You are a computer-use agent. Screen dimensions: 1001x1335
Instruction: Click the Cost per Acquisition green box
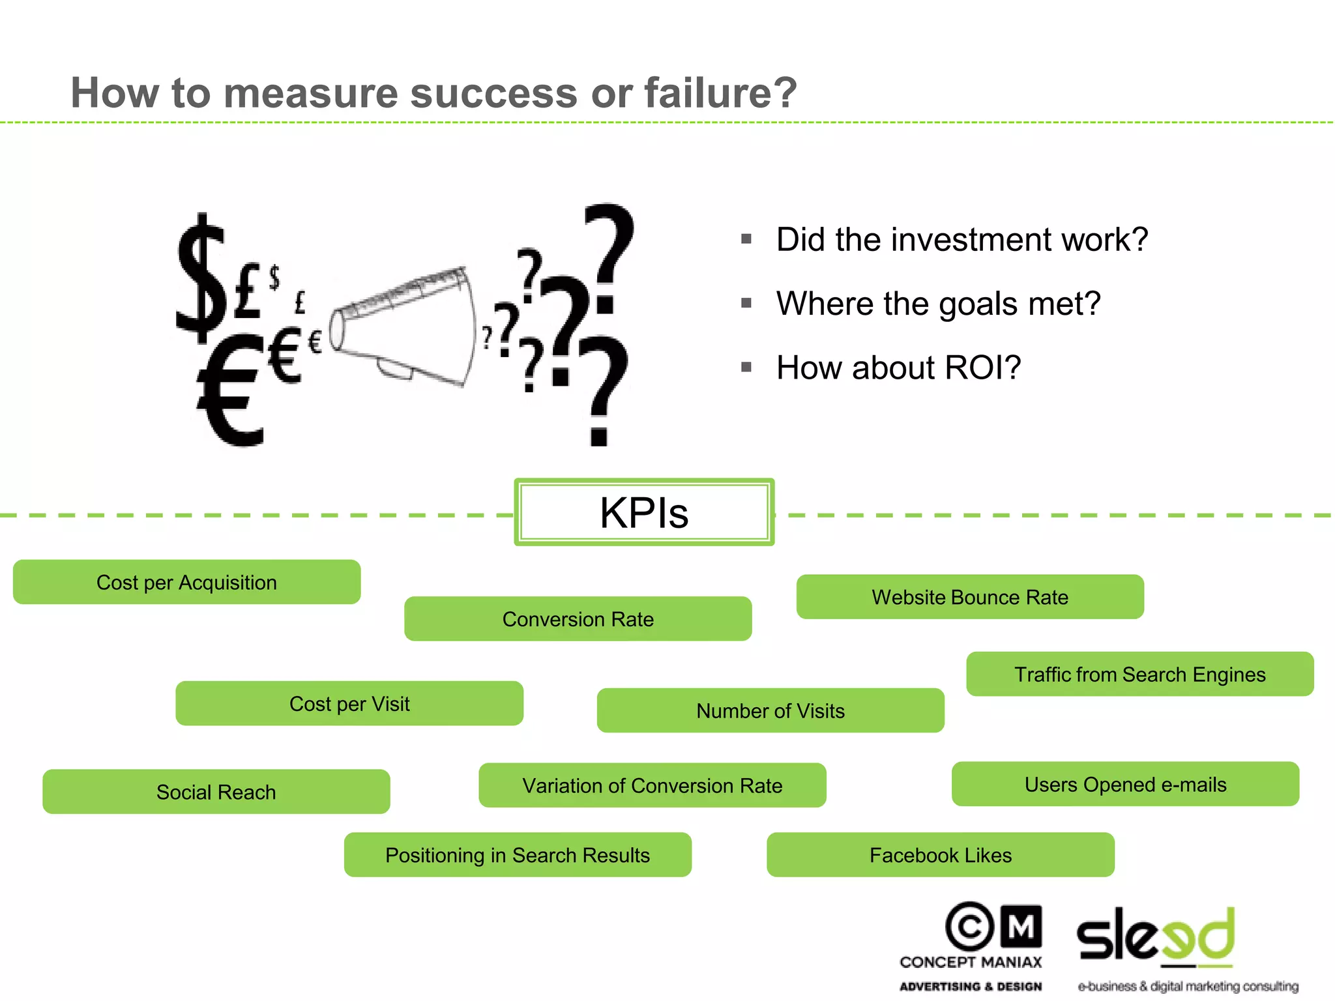click(x=186, y=582)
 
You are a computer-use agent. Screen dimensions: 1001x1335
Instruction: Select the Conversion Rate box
click(x=578, y=618)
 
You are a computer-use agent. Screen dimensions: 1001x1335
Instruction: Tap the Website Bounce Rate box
click(x=970, y=597)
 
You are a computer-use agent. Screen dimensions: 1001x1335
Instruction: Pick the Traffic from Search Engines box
click(x=1139, y=674)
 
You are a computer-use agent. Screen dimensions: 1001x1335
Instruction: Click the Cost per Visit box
click(x=349, y=703)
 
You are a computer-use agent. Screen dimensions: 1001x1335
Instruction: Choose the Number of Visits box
click(x=770, y=710)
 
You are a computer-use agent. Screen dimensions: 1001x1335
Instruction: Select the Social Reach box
click(x=216, y=792)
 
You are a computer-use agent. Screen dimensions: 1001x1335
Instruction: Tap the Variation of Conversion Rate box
click(x=652, y=785)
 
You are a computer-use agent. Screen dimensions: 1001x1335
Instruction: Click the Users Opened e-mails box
click(x=1125, y=784)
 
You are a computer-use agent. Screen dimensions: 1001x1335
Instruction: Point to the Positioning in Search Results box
click(x=518, y=854)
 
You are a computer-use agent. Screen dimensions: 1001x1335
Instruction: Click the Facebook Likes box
click(x=940, y=854)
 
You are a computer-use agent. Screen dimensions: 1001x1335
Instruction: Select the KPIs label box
click(x=644, y=512)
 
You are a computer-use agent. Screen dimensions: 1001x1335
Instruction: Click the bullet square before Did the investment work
click(x=746, y=239)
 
